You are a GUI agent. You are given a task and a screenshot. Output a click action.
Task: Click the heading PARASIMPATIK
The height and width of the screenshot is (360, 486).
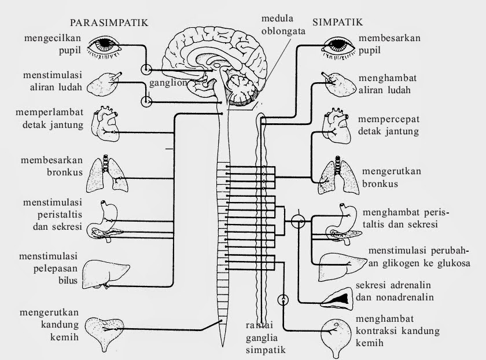[109, 23]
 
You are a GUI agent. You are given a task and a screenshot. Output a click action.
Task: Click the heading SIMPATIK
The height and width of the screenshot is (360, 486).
[337, 23]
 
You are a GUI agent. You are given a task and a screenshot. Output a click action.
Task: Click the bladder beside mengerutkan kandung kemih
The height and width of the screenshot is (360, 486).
[108, 333]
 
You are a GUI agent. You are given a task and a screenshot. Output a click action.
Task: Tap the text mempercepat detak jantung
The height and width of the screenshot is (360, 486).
[388, 125]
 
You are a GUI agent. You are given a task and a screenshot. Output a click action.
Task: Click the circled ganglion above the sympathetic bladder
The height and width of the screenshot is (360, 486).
[283, 300]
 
